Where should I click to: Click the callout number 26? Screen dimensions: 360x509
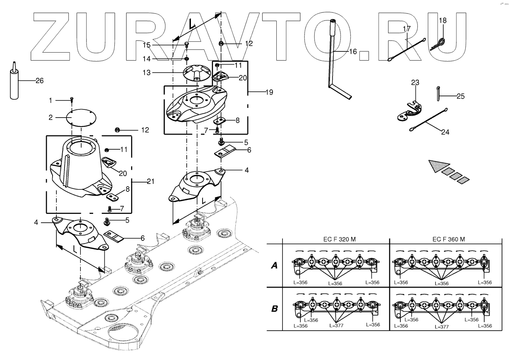pos(39,81)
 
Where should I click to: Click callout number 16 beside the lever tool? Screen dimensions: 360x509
pos(353,51)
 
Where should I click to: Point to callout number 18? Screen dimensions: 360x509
pos(443,20)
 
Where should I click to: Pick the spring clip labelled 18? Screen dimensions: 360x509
pos(439,43)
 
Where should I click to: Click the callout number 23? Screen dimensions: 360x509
pos(415,82)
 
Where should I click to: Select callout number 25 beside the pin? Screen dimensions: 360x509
pos(460,96)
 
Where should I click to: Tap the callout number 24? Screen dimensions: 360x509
pos(445,132)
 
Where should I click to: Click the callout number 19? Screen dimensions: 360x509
pos(269,92)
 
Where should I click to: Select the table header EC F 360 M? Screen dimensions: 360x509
pos(448,239)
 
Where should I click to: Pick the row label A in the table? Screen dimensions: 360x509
pos(274,265)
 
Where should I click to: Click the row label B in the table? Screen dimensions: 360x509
pos(274,309)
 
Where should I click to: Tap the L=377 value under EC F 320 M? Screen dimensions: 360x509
pos(336,326)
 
